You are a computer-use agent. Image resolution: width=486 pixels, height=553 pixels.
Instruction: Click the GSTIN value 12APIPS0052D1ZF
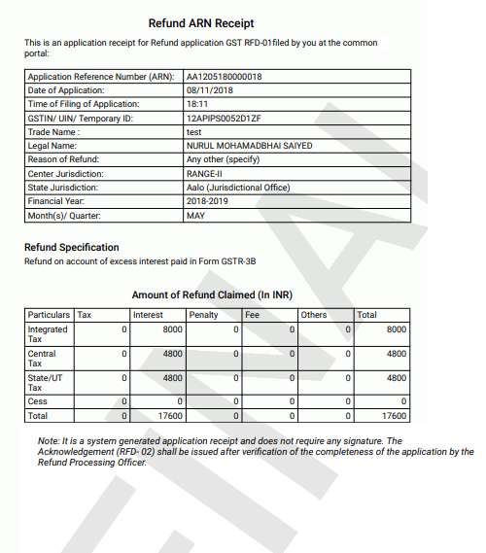(x=226, y=118)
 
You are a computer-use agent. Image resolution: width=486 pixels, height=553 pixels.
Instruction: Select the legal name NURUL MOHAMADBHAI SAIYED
(x=249, y=146)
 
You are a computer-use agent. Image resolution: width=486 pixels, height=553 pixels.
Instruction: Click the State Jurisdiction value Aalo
(x=238, y=188)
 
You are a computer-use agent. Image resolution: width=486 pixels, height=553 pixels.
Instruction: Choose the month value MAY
(x=195, y=215)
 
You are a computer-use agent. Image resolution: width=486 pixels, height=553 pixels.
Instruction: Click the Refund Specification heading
(x=72, y=247)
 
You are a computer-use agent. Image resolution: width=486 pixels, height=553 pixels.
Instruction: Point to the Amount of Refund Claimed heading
(x=212, y=294)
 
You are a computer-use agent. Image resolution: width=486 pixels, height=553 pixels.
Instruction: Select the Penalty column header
(x=204, y=315)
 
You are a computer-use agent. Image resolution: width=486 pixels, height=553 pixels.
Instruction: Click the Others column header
(x=314, y=315)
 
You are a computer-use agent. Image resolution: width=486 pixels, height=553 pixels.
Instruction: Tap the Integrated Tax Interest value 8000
(x=172, y=330)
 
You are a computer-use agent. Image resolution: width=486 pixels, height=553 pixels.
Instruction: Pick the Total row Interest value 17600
(x=170, y=415)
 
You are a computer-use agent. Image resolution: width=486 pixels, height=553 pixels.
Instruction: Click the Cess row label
(x=37, y=400)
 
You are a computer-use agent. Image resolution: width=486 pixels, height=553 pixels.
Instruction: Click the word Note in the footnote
(x=49, y=440)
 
